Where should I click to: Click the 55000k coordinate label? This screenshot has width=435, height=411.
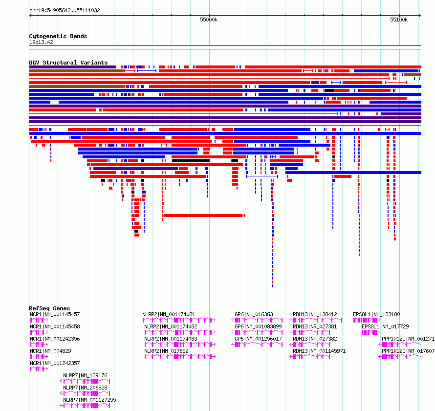(x=209, y=20)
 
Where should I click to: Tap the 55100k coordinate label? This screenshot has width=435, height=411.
(x=399, y=20)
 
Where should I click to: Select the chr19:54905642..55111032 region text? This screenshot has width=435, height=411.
(x=65, y=11)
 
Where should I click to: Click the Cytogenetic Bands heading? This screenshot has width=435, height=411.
(x=58, y=36)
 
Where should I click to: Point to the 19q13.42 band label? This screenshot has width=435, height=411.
(x=41, y=42)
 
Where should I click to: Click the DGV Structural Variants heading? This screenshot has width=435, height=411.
(x=68, y=63)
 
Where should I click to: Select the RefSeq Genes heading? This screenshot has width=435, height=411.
(x=49, y=308)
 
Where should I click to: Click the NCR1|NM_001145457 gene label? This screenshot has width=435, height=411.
(x=55, y=315)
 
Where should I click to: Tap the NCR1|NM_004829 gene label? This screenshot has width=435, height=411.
(x=50, y=351)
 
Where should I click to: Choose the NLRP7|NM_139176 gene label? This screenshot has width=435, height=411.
(x=85, y=375)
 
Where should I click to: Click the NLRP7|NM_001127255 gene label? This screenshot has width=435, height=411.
(x=89, y=400)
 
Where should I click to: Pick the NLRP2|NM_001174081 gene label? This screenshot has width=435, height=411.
(x=169, y=315)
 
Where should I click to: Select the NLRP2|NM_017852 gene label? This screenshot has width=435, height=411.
(x=167, y=351)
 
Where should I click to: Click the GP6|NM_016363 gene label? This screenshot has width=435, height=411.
(x=254, y=315)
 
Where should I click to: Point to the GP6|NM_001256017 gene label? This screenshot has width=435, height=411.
(x=258, y=339)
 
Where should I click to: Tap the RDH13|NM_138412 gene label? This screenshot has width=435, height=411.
(x=315, y=315)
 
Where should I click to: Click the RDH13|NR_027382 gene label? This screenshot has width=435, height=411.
(x=315, y=339)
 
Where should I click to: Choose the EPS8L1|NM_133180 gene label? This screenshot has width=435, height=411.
(x=376, y=315)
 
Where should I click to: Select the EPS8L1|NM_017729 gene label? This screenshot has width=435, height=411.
(x=385, y=326)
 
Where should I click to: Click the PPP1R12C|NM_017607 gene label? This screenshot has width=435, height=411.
(x=408, y=351)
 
